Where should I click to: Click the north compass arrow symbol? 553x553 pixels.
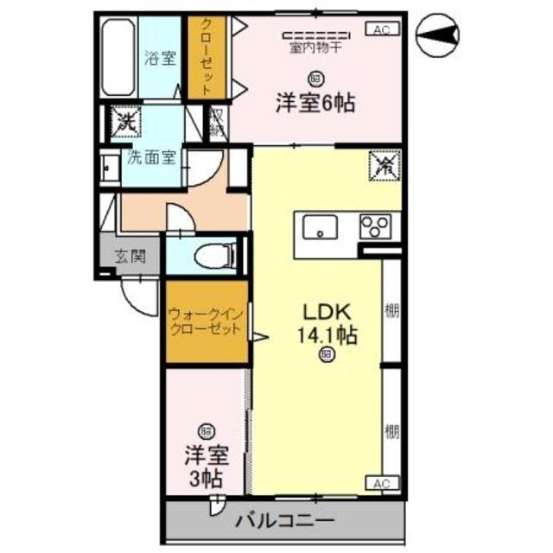pyautogui.click(x=440, y=35)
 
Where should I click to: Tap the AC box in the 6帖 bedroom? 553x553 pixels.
pyautogui.click(x=382, y=29)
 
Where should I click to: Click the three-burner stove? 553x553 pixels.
pyautogui.click(x=376, y=226)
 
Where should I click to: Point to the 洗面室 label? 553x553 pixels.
pyautogui.click(x=152, y=158)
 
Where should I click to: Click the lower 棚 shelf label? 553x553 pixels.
pyautogui.click(x=392, y=429)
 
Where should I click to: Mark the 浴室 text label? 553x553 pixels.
pyautogui.click(x=160, y=59)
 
